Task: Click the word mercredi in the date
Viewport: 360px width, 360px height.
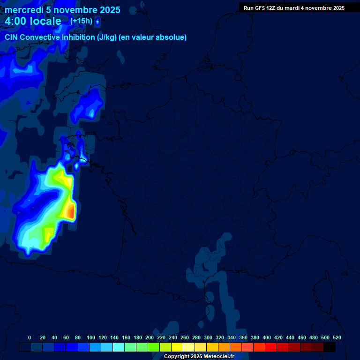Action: click(23, 10)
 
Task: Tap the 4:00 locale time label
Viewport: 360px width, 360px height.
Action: click(33, 21)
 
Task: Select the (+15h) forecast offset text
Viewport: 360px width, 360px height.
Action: click(81, 21)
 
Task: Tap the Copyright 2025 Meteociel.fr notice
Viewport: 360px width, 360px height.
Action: click(199, 357)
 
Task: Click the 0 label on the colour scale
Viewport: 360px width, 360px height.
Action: click(30, 337)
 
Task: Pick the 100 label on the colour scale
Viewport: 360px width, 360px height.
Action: click(91, 337)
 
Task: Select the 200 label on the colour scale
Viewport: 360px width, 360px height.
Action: click(150, 337)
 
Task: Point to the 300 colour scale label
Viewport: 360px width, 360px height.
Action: click(208, 337)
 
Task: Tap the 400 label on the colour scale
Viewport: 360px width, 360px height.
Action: click(267, 337)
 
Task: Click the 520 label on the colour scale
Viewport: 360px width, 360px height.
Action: click(337, 337)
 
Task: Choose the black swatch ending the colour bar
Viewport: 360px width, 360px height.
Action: click(330, 347)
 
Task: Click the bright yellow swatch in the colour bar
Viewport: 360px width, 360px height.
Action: click(177, 347)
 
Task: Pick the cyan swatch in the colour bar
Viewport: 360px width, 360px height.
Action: click(119, 347)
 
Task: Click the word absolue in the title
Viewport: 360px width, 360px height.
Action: click(171, 37)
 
